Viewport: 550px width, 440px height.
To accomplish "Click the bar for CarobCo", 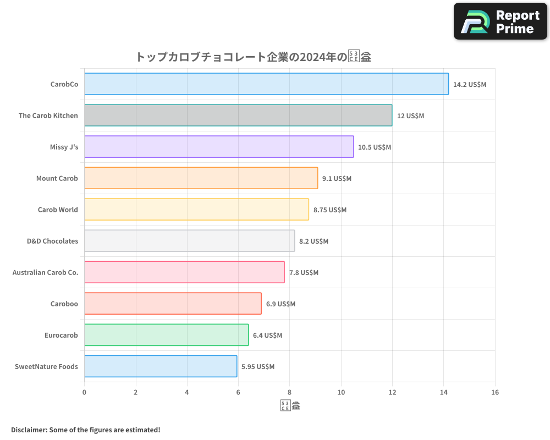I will [x=266, y=84].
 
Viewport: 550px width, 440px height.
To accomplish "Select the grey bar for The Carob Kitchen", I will [x=238, y=116].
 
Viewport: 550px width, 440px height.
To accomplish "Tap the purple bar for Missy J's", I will [x=219, y=147].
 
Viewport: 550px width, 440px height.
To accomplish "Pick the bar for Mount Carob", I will [x=201, y=178].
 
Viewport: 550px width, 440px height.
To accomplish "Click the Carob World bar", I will [x=196, y=210].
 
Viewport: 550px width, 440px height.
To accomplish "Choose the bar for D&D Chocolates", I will [x=189, y=241].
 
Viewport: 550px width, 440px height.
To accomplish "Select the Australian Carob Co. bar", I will [x=184, y=272].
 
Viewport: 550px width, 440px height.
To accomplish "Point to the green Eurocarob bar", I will [x=166, y=335].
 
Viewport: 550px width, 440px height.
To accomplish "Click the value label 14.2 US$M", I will [x=470, y=85].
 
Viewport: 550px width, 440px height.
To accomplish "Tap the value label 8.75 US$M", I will [x=330, y=210].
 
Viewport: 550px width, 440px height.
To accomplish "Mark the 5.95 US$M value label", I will [x=258, y=367].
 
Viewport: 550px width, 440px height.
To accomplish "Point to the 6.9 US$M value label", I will [x=280, y=304].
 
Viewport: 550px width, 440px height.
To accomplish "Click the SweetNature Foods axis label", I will [x=46, y=366].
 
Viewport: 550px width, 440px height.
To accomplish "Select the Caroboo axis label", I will [x=64, y=304].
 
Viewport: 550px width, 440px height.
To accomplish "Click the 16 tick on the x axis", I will [x=495, y=393].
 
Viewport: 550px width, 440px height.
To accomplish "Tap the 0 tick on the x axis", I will [x=84, y=393].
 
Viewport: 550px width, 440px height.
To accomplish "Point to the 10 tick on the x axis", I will [x=341, y=393].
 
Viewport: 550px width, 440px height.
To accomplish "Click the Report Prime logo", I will [x=501, y=21].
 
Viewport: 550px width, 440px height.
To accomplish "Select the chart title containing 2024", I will [x=253, y=57].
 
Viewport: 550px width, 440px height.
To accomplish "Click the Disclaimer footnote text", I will [x=85, y=430].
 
